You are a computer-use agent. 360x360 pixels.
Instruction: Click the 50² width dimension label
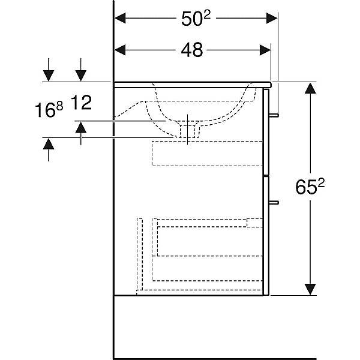(196, 19)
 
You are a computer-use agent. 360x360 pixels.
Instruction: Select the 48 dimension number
(192, 50)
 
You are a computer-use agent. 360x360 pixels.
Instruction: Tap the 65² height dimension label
(310, 187)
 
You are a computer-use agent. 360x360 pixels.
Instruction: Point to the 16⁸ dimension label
(49, 110)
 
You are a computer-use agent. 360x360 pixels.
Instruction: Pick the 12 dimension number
(81, 103)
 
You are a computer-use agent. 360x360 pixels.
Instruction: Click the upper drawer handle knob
(274, 115)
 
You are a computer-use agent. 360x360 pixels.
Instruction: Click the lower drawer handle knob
(274, 202)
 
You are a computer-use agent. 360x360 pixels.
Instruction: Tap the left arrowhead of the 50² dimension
(120, 18)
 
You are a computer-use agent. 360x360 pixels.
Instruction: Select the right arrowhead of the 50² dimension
(272, 18)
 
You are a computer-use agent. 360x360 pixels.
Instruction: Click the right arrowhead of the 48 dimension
(265, 50)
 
